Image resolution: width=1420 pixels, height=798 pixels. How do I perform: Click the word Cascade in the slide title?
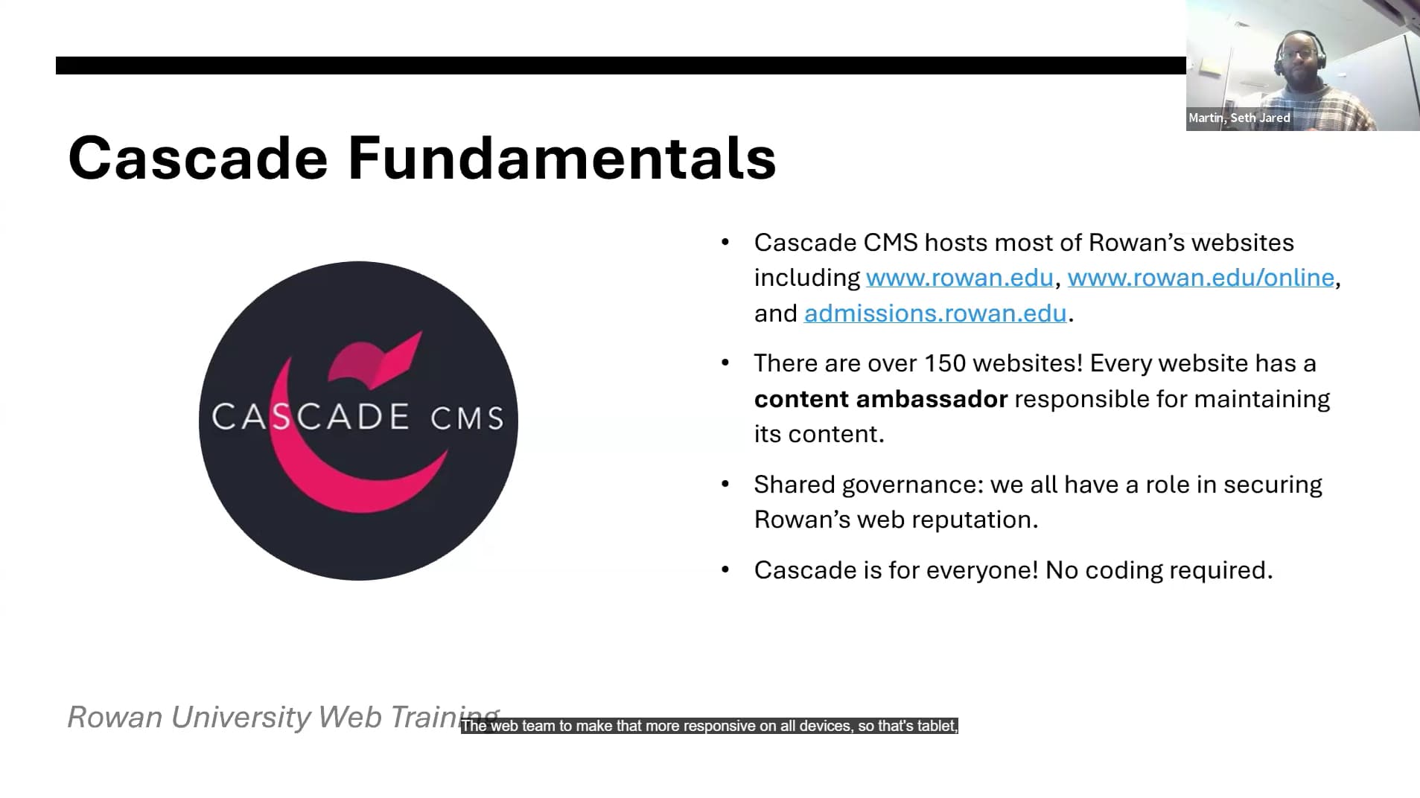[x=198, y=158]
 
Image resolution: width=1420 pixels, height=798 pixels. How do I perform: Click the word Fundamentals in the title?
[x=562, y=158]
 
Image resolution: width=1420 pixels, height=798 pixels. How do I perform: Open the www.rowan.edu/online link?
[x=1200, y=278]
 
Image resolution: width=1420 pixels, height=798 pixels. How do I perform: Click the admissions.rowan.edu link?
[x=935, y=313]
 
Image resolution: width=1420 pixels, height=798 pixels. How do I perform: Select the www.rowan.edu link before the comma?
[x=960, y=278]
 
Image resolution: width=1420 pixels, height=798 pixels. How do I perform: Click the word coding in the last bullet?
[x=1124, y=571]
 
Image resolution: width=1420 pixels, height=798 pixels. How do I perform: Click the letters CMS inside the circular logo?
[x=468, y=418]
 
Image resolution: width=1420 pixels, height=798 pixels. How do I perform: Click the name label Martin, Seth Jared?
[x=1239, y=118]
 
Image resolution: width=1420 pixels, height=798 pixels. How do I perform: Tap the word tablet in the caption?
[x=937, y=726]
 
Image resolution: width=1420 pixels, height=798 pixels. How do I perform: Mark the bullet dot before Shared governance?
[x=725, y=485]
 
